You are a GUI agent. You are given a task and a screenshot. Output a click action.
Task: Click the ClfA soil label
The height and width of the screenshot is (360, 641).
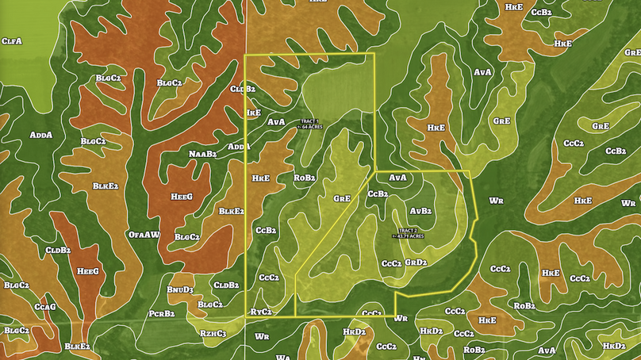click(12, 40)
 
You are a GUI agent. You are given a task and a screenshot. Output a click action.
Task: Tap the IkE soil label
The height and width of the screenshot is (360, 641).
click(254, 113)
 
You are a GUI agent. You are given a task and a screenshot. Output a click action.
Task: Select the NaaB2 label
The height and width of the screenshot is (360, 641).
click(202, 153)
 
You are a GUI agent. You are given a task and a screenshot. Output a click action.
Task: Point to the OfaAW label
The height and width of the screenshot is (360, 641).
click(144, 235)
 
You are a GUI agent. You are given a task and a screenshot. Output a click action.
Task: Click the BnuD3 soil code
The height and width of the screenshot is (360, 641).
click(180, 290)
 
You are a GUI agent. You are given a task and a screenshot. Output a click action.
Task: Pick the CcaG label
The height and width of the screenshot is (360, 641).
click(44, 306)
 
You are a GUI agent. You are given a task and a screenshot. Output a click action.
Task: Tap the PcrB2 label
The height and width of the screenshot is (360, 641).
click(161, 313)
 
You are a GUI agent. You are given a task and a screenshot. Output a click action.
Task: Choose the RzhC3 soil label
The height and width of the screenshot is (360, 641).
click(213, 333)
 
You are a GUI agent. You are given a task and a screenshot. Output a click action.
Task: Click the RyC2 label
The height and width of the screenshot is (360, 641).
click(261, 312)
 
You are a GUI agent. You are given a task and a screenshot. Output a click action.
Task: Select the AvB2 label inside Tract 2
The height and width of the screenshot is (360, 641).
click(420, 211)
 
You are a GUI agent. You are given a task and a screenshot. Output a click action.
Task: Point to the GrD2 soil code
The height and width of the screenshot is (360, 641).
click(416, 262)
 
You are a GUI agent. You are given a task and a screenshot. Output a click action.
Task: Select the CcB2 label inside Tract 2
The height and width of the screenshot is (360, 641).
click(377, 193)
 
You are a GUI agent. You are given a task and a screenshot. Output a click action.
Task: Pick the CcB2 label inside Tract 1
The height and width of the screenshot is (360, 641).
click(266, 230)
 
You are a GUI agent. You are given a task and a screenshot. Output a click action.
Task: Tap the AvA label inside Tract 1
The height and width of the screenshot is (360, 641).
click(276, 122)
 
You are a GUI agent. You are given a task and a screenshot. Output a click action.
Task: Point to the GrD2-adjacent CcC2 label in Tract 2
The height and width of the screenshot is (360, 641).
click(391, 262)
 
